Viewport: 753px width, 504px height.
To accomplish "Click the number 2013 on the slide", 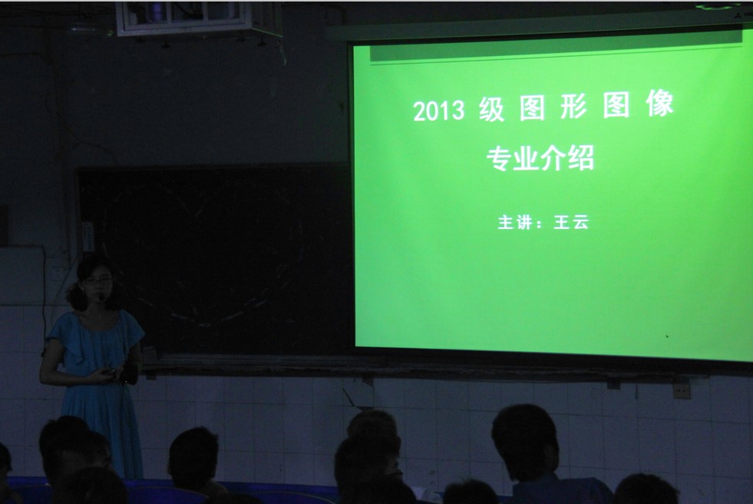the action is [438, 111].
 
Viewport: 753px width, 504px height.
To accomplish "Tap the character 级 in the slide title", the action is [492, 109].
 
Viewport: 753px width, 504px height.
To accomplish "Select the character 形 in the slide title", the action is [573, 107].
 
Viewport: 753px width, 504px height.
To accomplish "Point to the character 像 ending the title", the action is [659, 104].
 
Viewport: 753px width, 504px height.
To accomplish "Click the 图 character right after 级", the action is [532, 108].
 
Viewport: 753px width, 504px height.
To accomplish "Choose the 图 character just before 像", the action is [616, 105].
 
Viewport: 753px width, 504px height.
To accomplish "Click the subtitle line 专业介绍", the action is [540, 158].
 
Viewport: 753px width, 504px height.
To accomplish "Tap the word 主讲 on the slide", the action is [515, 223].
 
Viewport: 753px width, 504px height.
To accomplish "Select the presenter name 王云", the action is [571, 222].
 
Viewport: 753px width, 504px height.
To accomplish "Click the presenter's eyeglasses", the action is [98, 281].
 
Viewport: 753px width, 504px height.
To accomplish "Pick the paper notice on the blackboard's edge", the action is [88, 237].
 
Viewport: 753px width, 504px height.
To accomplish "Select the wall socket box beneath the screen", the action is [682, 390].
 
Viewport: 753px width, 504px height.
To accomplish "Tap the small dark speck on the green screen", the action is [666, 337].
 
